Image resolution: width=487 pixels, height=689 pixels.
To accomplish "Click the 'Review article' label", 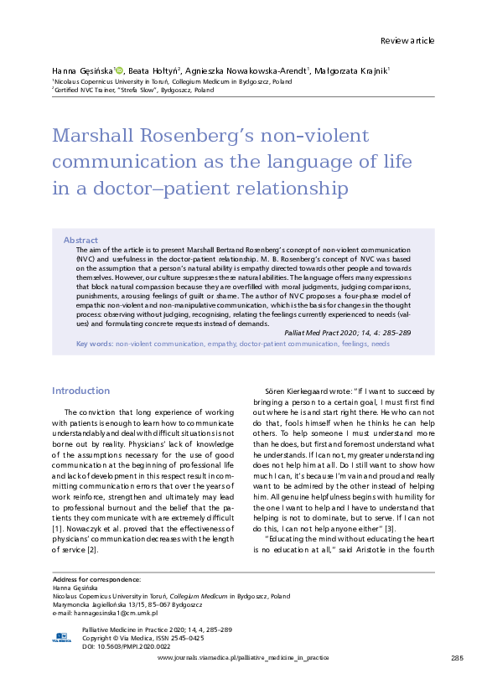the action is coord(407,40).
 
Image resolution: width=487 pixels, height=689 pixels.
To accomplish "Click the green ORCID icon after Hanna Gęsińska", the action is coord(119,71).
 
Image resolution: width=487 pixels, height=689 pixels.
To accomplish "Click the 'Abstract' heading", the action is coord(80,240).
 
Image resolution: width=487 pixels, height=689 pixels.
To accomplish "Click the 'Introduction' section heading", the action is coord(80,391).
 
